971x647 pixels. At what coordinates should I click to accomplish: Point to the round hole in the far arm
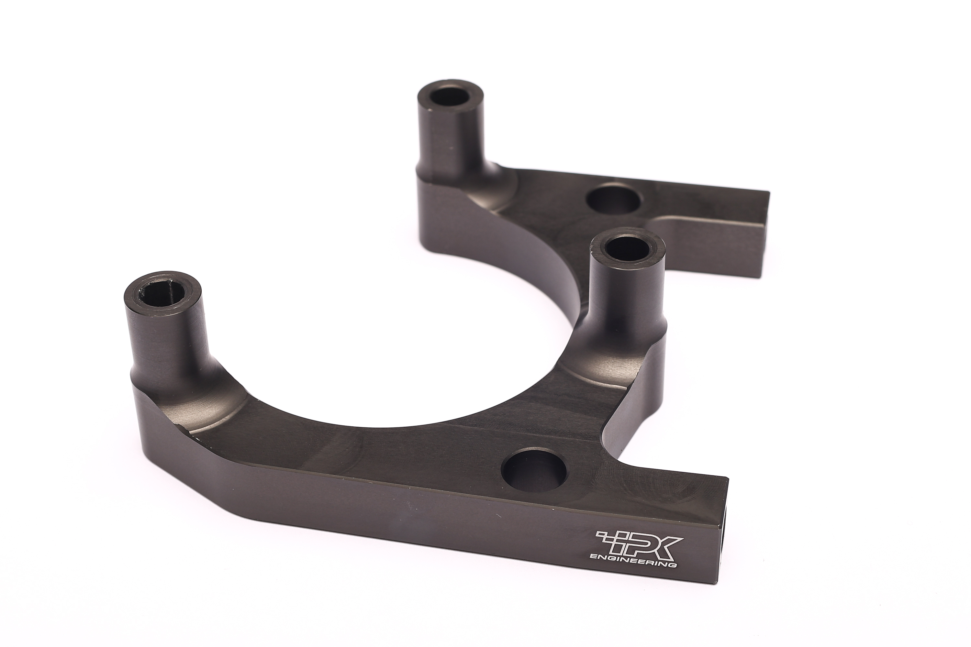[613, 199]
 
